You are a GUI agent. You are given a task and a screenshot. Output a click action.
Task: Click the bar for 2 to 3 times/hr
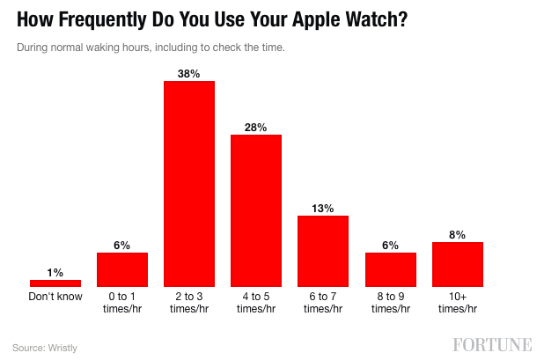(189, 183)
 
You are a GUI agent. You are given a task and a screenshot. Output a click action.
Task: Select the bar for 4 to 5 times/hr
(256, 210)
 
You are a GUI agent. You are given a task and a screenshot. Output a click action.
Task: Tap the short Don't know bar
(55, 283)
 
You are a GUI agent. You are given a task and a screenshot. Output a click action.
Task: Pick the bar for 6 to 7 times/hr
(323, 251)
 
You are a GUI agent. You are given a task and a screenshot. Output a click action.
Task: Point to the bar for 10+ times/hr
(458, 264)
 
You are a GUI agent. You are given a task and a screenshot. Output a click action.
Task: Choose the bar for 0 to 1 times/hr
(122, 269)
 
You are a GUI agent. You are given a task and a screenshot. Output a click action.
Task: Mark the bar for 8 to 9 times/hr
(391, 269)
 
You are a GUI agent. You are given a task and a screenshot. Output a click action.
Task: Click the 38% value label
(189, 73)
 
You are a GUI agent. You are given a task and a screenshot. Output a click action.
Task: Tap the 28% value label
(256, 127)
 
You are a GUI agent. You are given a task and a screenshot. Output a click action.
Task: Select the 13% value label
(323, 208)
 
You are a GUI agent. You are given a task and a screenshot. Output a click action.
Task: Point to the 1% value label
(55, 272)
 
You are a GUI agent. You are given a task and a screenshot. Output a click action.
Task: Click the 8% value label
(458, 234)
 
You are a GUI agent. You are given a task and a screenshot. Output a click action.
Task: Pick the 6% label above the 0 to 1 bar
(122, 245)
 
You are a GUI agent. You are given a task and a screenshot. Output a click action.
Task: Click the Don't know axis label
(55, 297)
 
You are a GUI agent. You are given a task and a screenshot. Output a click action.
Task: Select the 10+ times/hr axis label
(458, 303)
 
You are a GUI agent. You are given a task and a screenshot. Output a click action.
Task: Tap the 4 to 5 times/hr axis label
(256, 303)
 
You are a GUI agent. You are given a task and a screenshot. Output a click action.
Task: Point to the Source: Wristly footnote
(45, 347)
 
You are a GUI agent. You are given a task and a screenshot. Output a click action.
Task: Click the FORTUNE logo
(493, 343)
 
